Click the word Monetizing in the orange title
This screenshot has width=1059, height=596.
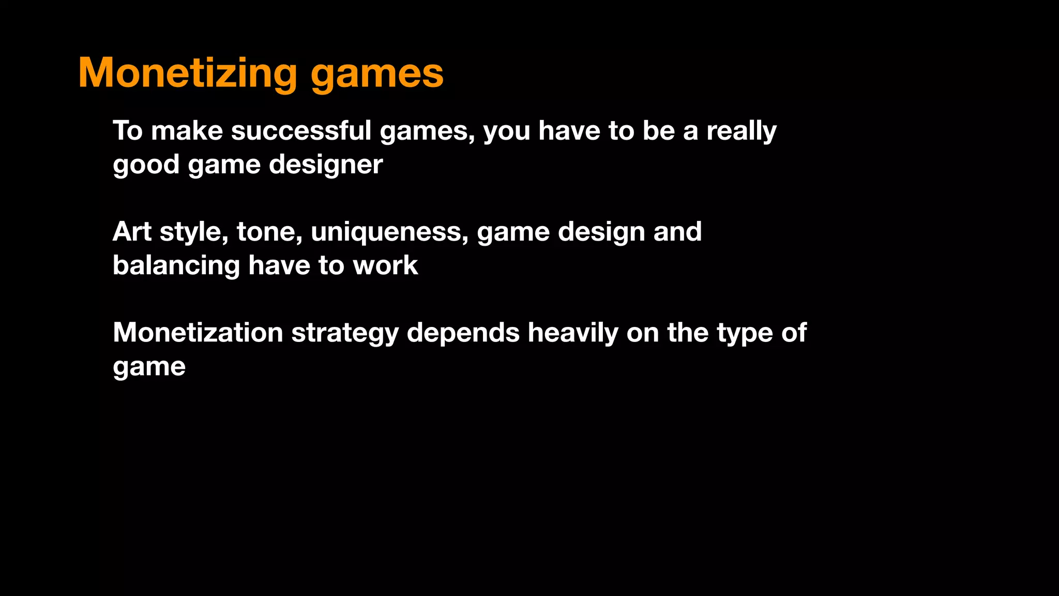click(188, 73)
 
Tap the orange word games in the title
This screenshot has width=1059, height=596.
click(377, 74)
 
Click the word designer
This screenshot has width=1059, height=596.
click(326, 165)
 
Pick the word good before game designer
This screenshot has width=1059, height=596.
click(146, 165)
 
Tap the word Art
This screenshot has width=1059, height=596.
click(132, 231)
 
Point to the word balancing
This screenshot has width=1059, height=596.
click(176, 266)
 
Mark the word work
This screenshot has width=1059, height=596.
click(385, 265)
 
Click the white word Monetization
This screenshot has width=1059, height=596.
click(198, 332)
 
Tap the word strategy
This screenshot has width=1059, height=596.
click(345, 333)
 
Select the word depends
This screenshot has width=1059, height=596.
click(463, 333)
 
